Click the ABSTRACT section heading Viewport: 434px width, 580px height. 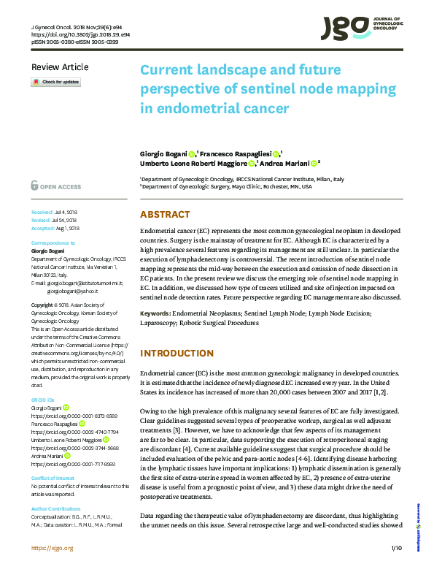coord(165,215)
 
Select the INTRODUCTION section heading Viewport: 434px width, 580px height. coord(176,354)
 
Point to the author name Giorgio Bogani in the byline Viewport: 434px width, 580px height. coord(163,155)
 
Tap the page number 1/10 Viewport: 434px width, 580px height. coord(396,568)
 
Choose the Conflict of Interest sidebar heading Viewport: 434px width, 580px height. coord(53,458)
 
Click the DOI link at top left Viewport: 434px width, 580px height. coord(80,34)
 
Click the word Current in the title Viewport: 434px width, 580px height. coord(169,71)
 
